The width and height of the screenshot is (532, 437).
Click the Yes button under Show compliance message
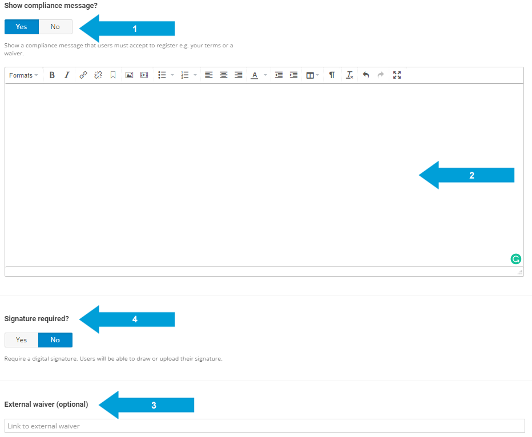coord(22,27)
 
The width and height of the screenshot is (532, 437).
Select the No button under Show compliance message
coord(55,27)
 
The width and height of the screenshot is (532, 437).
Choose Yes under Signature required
coord(22,340)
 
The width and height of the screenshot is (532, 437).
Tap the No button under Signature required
coord(55,340)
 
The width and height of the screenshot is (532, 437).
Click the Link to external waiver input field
coord(264,426)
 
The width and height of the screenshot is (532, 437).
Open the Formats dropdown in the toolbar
coord(23,75)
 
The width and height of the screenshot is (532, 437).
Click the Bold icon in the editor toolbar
coord(52,75)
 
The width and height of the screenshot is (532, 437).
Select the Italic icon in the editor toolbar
coord(67,75)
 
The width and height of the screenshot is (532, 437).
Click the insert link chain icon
coord(83,75)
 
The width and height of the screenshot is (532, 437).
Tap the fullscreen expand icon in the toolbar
coord(397,75)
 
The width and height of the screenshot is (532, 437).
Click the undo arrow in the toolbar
coord(366,75)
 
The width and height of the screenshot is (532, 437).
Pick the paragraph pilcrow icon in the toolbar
coord(332,75)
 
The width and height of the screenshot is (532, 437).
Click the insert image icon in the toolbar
coord(129,75)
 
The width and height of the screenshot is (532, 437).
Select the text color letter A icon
coord(255,75)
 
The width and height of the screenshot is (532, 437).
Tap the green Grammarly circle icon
coord(516,259)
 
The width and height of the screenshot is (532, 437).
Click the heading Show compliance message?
coord(51,6)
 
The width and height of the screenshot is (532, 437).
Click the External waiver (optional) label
coord(46,404)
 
